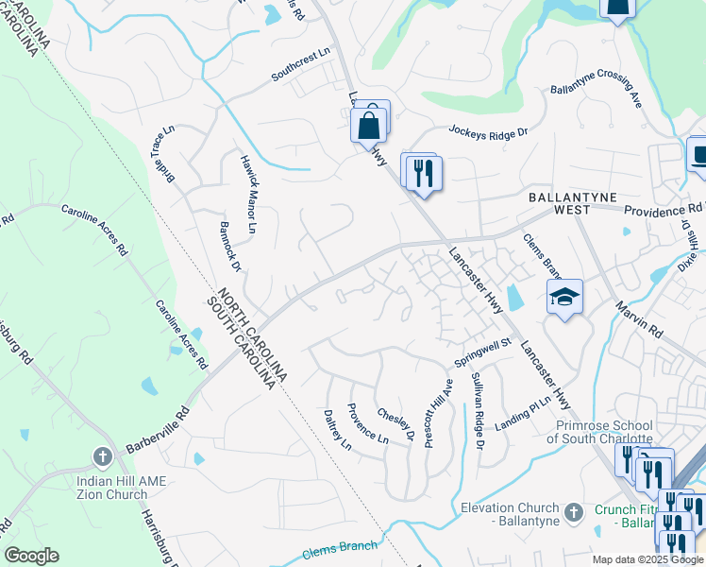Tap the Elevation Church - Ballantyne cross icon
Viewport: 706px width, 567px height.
point(572,513)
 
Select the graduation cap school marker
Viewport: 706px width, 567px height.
point(564,298)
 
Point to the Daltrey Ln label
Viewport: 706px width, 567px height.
point(337,430)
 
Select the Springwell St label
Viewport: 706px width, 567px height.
point(482,353)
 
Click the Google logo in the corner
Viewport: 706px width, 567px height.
point(31,556)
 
